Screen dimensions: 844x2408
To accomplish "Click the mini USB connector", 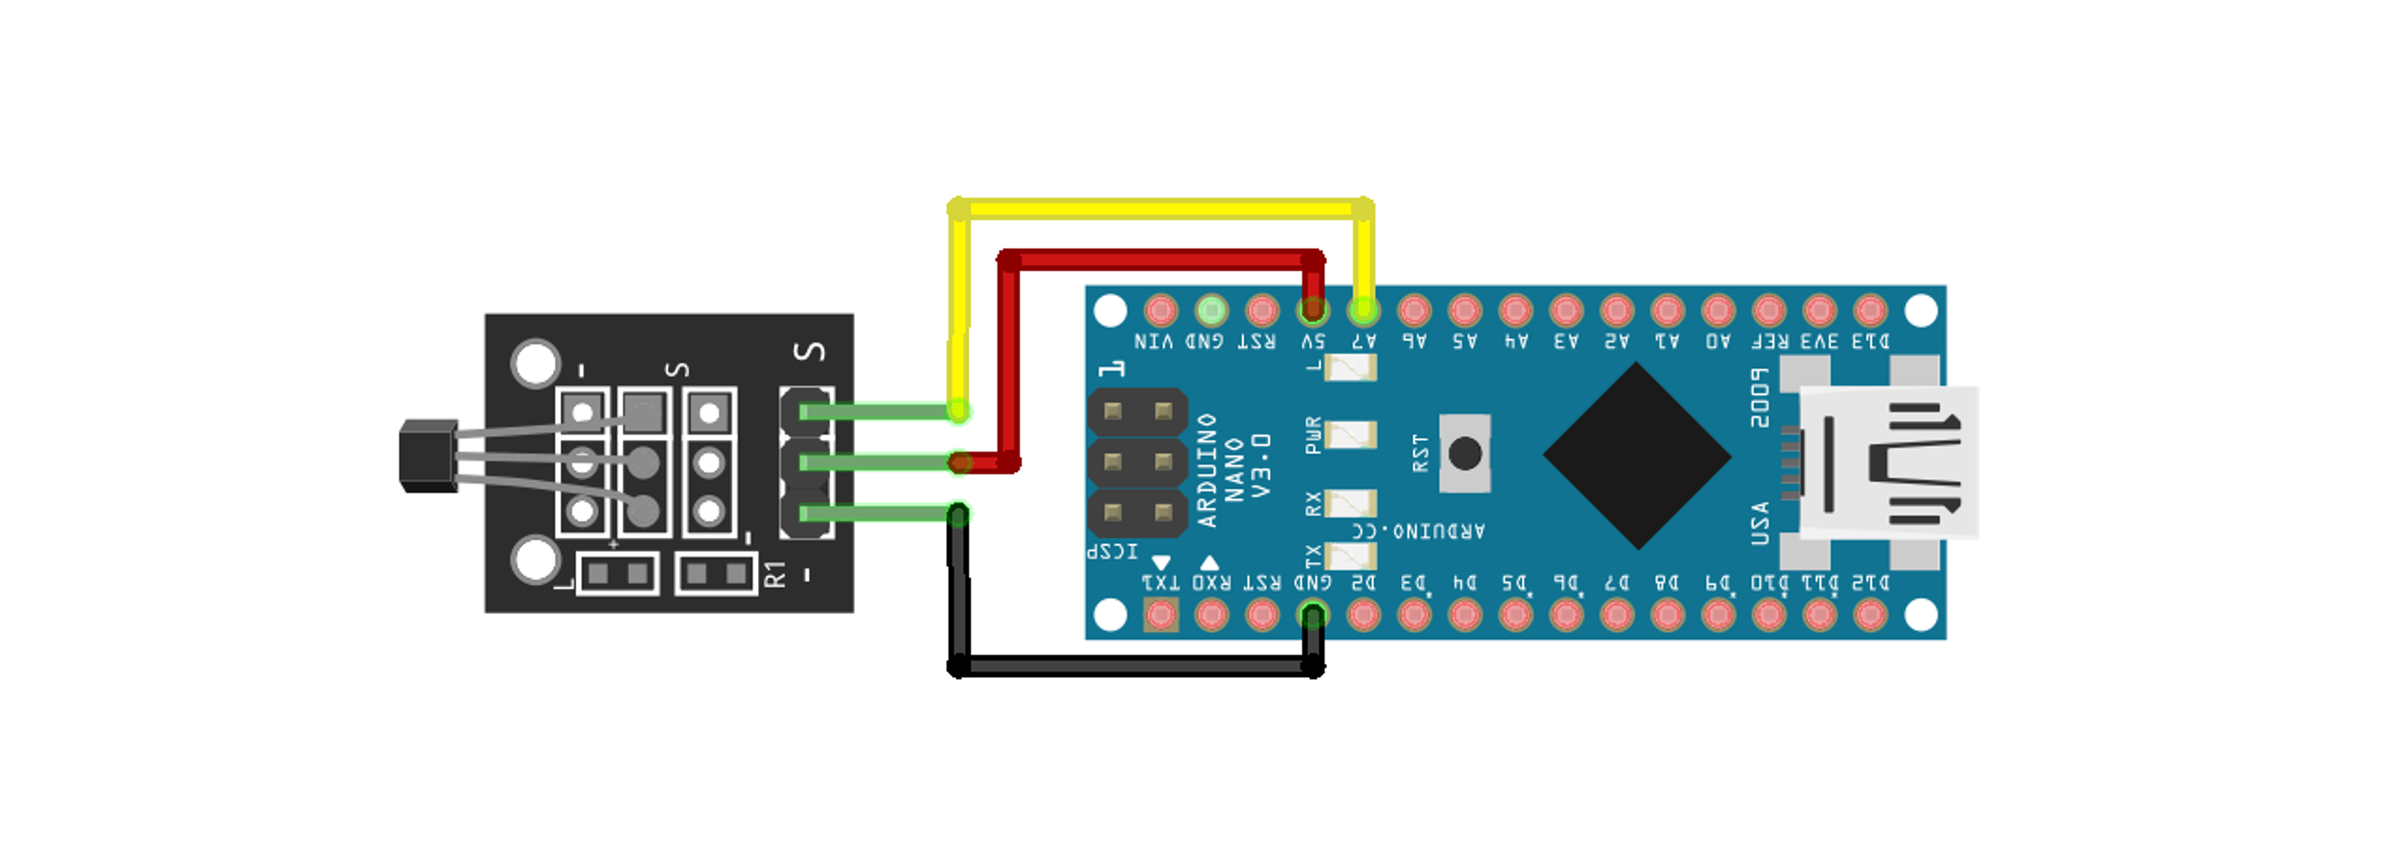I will click(x=1888, y=462).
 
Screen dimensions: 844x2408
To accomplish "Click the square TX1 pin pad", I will click(x=1161, y=614).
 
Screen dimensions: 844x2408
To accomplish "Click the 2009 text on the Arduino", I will click(x=1759, y=398).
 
